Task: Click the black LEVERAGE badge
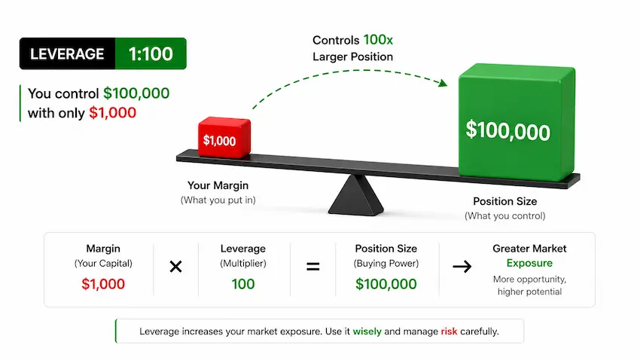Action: click(67, 53)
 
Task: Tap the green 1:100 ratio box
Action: click(151, 53)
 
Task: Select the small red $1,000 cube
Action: click(224, 137)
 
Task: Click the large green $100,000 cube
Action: click(517, 122)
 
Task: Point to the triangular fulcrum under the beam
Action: click(356, 195)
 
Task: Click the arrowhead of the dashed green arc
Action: click(443, 83)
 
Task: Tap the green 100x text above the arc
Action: click(378, 40)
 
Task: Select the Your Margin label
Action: click(218, 185)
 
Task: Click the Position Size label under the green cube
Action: click(505, 201)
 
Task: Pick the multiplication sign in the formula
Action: click(176, 267)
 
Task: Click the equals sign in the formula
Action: click(313, 267)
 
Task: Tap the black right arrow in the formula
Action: click(462, 267)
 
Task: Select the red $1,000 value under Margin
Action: click(103, 284)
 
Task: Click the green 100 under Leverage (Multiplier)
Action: click(243, 284)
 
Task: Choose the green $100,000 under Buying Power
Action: click(386, 284)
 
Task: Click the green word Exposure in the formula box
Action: click(529, 264)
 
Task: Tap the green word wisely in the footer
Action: click(367, 331)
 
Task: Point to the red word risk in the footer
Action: click(449, 331)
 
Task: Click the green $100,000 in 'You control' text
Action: click(136, 93)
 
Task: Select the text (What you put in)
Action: click(218, 200)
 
